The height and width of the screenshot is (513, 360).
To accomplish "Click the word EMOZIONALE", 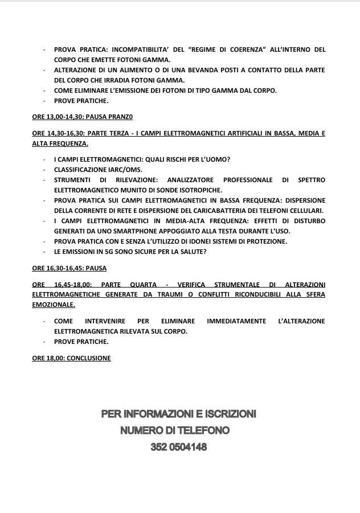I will click(x=54, y=305).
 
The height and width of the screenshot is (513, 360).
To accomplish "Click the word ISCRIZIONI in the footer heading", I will click(x=227, y=413).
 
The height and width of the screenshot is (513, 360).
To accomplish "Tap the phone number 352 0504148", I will click(x=178, y=448).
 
